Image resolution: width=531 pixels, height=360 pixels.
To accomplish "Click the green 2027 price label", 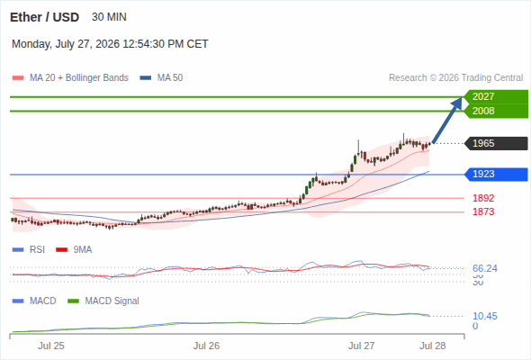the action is [496, 97].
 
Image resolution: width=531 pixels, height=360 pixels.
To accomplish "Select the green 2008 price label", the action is [496, 111].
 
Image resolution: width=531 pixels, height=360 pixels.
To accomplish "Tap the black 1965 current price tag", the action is [496, 143].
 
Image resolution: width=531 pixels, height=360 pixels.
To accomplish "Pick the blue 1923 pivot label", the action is [496, 174].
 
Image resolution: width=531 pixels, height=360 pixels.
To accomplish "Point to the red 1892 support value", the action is [483, 198].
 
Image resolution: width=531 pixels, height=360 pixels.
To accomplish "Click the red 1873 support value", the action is [483, 212].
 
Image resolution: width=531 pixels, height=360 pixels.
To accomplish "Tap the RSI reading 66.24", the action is [485, 268].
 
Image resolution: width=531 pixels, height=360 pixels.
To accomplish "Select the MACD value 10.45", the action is [485, 316].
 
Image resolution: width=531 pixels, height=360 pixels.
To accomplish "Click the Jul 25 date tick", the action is [51, 346].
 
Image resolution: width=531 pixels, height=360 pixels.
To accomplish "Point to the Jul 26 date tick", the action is [207, 346].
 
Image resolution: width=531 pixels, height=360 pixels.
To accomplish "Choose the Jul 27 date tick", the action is [361, 346].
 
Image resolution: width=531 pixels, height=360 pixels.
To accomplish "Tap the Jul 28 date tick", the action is [433, 346].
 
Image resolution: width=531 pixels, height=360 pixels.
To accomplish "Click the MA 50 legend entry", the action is [161, 78].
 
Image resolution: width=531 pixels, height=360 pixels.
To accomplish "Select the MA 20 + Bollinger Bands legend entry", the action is [70, 78].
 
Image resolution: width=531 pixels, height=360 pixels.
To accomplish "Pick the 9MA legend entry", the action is [74, 249].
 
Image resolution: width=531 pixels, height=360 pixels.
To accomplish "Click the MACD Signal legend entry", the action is [103, 301].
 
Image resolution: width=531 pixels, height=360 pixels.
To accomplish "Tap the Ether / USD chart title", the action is [44, 17].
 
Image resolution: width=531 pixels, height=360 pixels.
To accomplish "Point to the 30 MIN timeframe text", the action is [109, 17].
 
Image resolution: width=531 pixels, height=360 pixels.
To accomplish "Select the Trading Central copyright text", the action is [455, 78].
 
